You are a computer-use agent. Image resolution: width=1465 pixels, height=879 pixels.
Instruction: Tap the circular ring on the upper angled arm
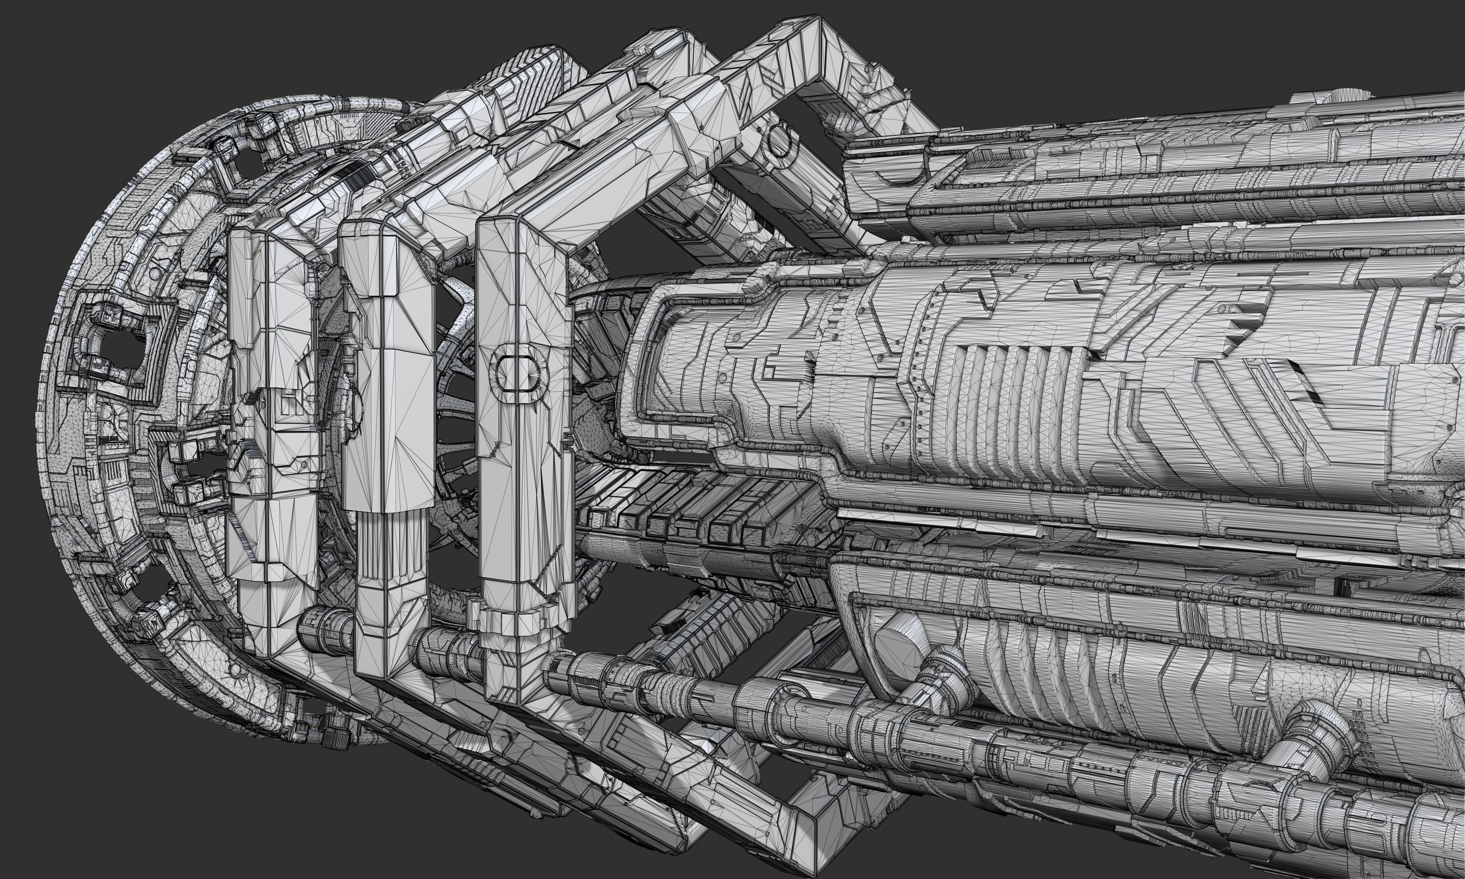pyautogui.click(x=781, y=142)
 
